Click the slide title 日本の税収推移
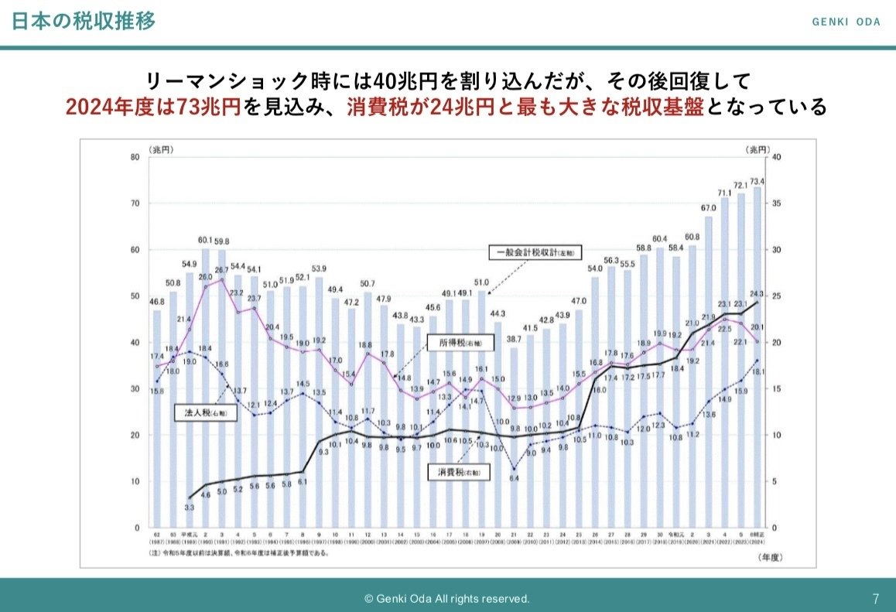tap(84, 21)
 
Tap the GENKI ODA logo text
tap(846, 22)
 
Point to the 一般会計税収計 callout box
tap(535, 252)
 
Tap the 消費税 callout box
tap(460, 470)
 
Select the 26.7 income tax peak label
tap(223, 271)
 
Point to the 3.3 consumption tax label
tap(189, 508)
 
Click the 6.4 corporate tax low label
tap(514, 478)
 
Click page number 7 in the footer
tap(876, 599)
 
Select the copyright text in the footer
tap(447, 599)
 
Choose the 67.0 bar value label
tap(709, 208)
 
